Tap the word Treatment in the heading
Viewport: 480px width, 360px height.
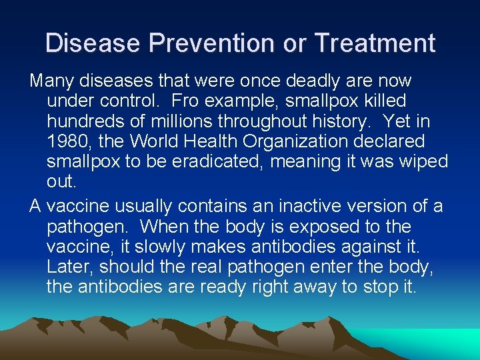pos(375,43)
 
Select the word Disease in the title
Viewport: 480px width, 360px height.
pos(93,43)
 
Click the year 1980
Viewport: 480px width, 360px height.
pos(67,141)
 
